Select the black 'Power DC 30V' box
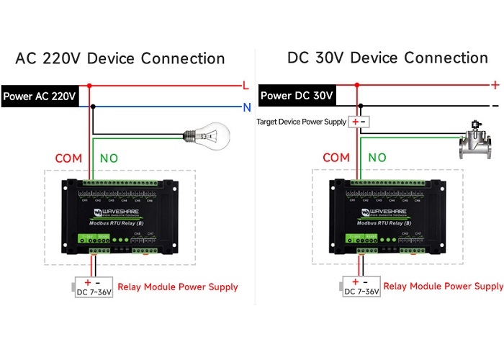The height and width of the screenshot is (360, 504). [x=297, y=95]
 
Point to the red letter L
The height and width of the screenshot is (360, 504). [x=246, y=86]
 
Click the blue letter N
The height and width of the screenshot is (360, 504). [x=246, y=107]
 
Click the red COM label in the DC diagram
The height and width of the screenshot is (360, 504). [x=336, y=158]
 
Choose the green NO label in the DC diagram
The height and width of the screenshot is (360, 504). [x=377, y=158]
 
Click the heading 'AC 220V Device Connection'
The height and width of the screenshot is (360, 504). [x=120, y=58]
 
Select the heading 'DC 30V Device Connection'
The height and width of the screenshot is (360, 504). [x=387, y=58]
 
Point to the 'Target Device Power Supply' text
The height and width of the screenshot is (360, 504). [x=301, y=122]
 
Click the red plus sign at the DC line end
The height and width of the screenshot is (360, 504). [x=495, y=85]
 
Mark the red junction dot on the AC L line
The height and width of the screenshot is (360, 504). [x=89, y=86]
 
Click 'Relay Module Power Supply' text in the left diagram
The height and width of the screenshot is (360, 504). [x=177, y=287]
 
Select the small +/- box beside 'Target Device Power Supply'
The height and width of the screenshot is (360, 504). [x=359, y=122]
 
